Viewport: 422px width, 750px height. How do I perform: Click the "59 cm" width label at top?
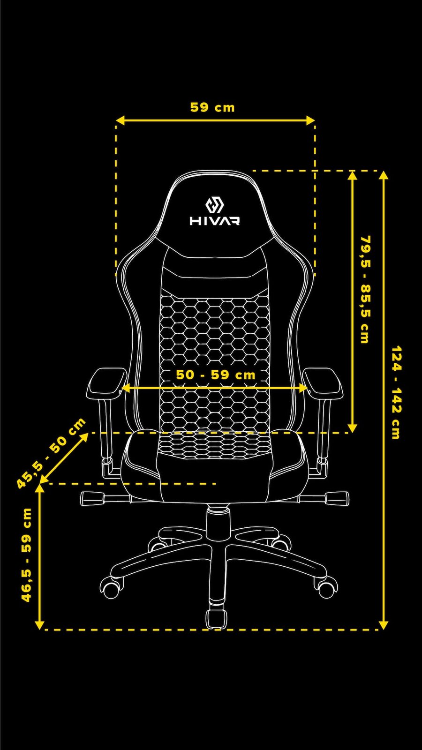pyautogui.click(x=212, y=107)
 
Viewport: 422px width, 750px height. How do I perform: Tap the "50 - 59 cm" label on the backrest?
pyautogui.click(x=216, y=375)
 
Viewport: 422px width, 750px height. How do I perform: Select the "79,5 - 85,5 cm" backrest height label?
pyautogui.click(x=365, y=289)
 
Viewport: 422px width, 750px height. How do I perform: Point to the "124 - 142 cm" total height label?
pyautogui.click(x=396, y=392)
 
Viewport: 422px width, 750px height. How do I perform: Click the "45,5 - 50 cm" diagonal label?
pyautogui.click(x=51, y=453)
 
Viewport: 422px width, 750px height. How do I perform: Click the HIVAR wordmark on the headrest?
pyautogui.click(x=215, y=220)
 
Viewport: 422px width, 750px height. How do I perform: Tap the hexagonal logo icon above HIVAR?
pyautogui.click(x=215, y=205)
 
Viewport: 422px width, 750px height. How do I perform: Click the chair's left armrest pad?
pyautogui.click(x=107, y=383)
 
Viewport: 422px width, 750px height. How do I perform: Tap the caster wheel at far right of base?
pyautogui.click(x=327, y=588)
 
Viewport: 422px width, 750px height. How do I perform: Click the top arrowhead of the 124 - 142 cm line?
pyautogui.click(x=384, y=176)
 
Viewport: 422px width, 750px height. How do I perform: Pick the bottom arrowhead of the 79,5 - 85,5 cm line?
pyautogui.click(x=353, y=427)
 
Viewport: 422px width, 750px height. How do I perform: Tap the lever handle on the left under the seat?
pyautogui.click(x=92, y=498)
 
